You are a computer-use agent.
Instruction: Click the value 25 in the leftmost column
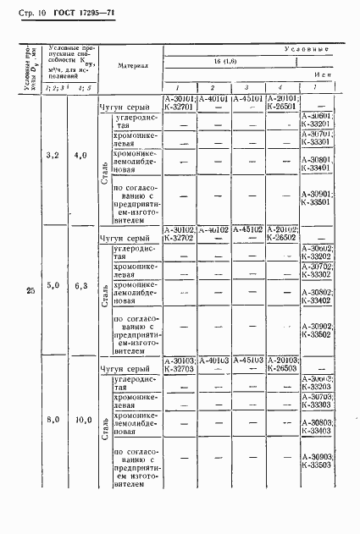coord(30,292)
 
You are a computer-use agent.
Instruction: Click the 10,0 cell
coord(81,419)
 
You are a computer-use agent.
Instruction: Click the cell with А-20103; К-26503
coord(281,364)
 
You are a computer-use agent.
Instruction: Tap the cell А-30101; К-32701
coord(180,103)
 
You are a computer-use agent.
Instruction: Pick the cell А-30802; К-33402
coord(315,295)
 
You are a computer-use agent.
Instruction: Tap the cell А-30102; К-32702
coord(180,234)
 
